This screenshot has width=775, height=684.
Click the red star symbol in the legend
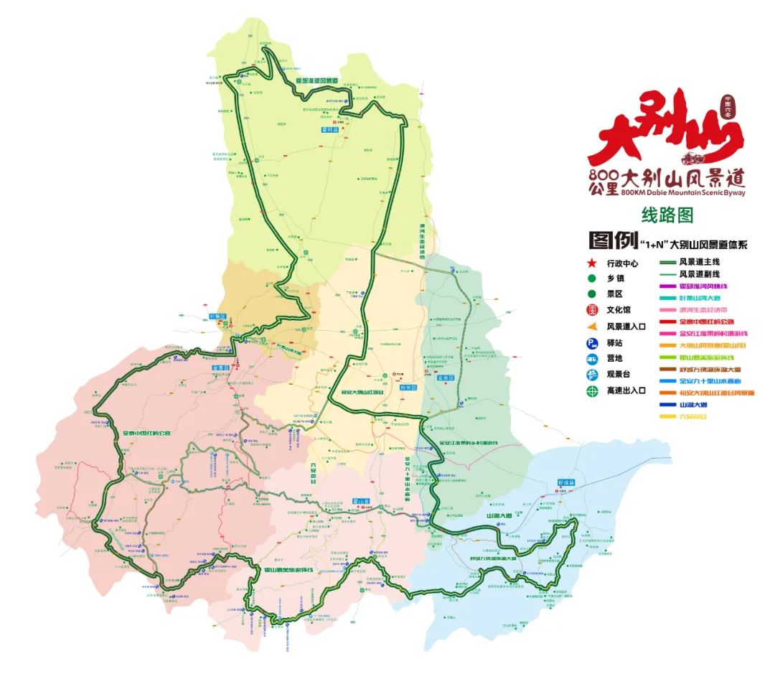click(x=592, y=264)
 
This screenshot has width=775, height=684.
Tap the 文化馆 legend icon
click(x=592, y=310)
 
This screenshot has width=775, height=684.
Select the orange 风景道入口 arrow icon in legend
click(x=592, y=326)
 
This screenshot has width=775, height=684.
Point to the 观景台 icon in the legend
click(x=592, y=375)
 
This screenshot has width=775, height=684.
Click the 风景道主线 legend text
click(x=699, y=263)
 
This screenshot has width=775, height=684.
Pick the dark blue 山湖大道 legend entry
click(x=693, y=405)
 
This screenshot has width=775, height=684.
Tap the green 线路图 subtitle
click(x=667, y=215)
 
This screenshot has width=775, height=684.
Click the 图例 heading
click(x=612, y=240)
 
